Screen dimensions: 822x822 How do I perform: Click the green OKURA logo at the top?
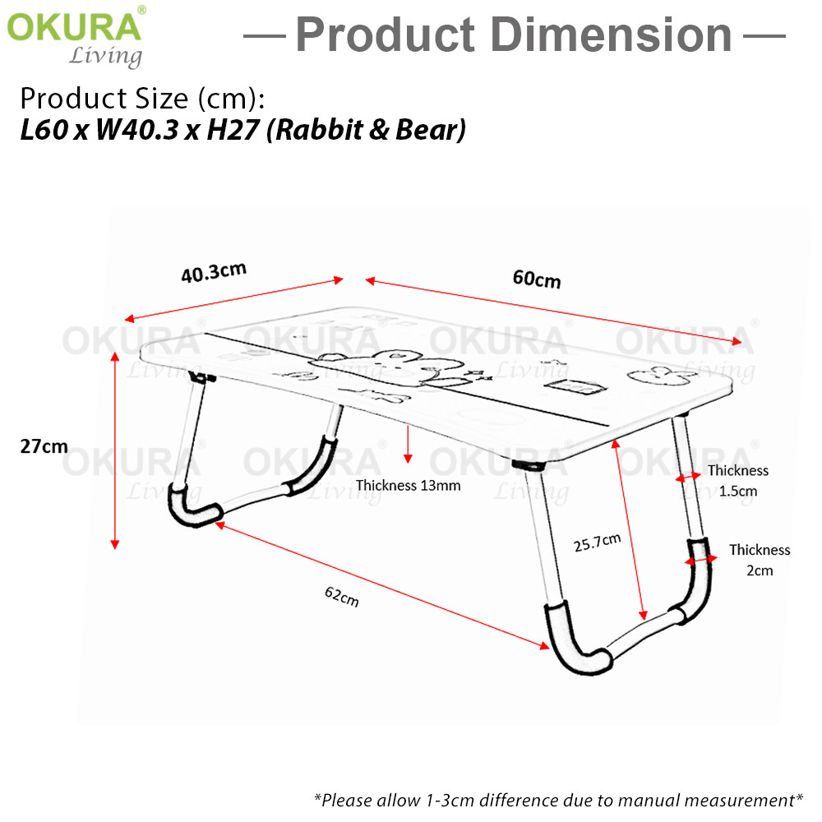tap(74, 26)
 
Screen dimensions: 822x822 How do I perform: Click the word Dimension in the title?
tap(612, 35)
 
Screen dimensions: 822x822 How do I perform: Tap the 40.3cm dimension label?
tap(214, 273)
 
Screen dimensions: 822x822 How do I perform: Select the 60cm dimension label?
tap(537, 279)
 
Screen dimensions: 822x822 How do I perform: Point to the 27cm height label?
tap(44, 446)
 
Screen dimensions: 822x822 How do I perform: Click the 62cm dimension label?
tap(342, 596)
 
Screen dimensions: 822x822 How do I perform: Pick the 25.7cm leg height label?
tap(597, 542)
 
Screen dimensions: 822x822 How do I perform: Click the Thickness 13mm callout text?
tap(408, 486)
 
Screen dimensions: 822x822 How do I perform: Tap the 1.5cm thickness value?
tap(737, 492)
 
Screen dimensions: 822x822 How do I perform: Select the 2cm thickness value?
tap(760, 570)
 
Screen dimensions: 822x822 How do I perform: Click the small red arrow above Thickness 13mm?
tap(408, 444)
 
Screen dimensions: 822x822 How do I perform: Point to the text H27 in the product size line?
tap(233, 130)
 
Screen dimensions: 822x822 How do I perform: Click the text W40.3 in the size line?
tap(137, 130)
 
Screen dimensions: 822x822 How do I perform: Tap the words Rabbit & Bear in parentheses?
tap(367, 130)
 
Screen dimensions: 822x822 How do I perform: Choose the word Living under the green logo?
tap(105, 56)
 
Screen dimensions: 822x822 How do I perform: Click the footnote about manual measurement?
tap(558, 801)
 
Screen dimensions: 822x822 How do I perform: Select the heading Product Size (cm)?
tap(142, 98)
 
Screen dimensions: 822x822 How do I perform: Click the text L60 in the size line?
tap(44, 130)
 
